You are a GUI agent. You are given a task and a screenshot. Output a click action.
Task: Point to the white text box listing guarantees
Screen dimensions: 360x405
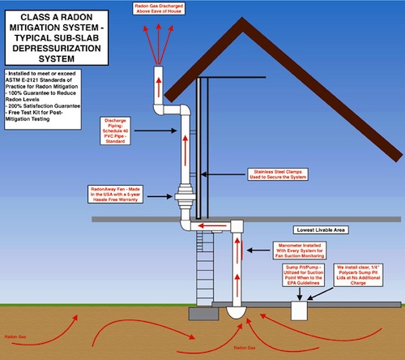point(47,96)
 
